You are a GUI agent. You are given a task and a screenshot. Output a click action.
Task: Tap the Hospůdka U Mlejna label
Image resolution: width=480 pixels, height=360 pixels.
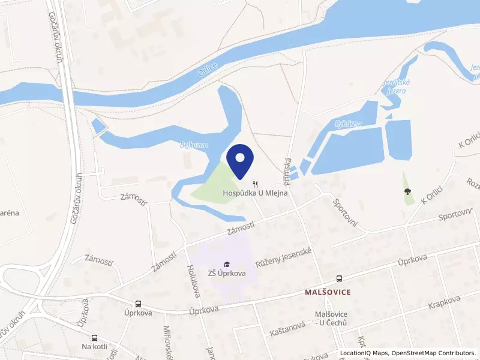(256, 193)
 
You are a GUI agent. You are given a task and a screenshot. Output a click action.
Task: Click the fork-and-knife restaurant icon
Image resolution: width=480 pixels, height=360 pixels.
(256, 184)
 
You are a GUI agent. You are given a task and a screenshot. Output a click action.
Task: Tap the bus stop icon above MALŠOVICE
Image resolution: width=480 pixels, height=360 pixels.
(340, 278)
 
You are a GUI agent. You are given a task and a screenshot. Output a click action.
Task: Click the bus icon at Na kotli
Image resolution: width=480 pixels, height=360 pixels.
(94, 338)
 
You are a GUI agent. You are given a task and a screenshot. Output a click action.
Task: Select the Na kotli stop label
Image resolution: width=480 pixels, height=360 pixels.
(94, 347)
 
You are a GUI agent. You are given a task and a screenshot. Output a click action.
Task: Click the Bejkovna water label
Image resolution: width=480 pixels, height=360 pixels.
(193, 145)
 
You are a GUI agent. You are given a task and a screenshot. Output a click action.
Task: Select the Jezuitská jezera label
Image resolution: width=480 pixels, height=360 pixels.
(394, 86)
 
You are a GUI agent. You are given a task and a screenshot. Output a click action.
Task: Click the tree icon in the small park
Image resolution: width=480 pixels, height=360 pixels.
(408, 192)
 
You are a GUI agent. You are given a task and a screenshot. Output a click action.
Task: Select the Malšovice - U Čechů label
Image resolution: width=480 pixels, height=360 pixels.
(331, 319)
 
